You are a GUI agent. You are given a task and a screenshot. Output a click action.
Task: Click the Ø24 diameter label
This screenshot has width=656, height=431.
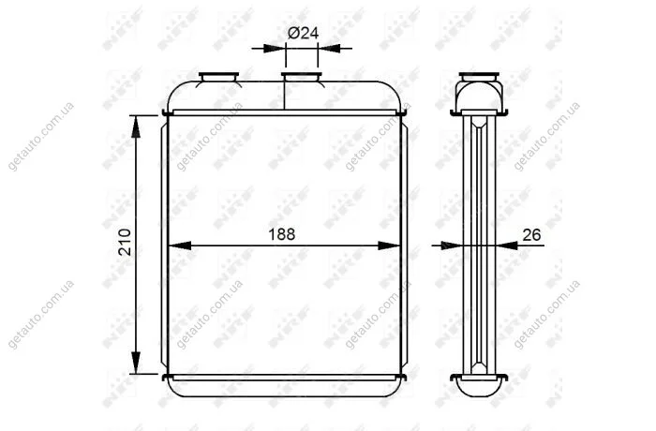click(303, 33)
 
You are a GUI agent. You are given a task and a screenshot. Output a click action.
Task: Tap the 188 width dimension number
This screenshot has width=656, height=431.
click(281, 234)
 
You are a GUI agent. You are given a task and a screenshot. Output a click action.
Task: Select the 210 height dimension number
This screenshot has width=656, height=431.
click(125, 243)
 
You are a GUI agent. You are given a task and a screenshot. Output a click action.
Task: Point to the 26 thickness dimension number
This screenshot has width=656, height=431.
click(531, 235)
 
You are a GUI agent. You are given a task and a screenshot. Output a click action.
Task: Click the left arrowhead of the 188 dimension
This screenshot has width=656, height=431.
click(180, 245)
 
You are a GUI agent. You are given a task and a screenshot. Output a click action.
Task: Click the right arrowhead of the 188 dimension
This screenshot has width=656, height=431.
click(389, 245)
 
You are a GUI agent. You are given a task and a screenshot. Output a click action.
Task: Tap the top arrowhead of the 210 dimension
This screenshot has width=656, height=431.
click(135, 126)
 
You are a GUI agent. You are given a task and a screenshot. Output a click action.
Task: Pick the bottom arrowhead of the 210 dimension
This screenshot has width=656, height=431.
click(135, 363)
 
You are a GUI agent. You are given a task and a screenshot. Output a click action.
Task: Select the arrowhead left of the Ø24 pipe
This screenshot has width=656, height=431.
click(275, 49)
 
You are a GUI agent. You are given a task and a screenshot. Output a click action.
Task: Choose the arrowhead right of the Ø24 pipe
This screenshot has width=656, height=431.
click(329, 49)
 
